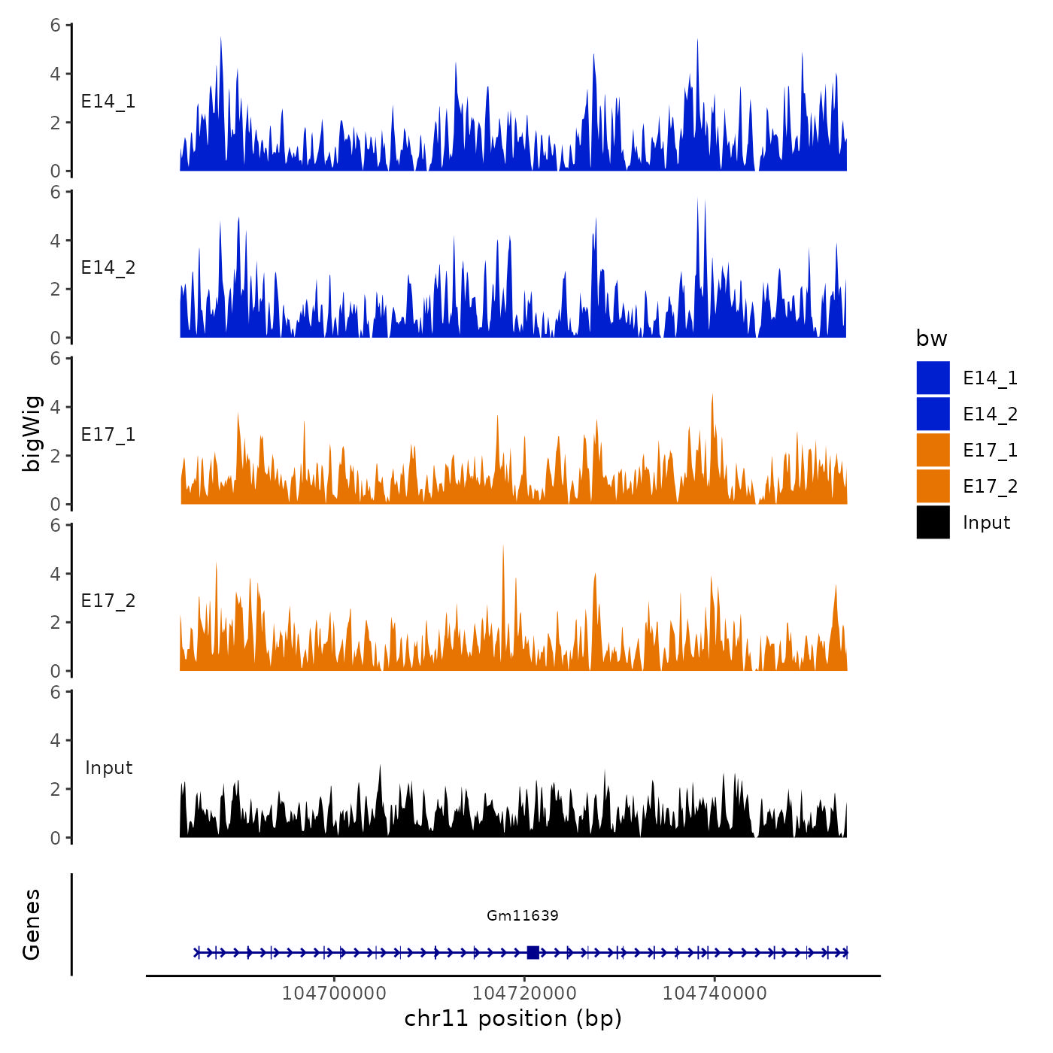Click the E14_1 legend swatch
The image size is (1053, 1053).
(x=933, y=378)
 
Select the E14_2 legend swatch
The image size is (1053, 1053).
(x=933, y=414)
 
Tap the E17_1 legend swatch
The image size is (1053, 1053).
(x=933, y=450)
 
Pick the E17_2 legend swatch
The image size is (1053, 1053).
(x=933, y=486)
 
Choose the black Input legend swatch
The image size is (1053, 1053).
(x=933, y=522)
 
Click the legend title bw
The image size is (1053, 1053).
(x=931, y=338)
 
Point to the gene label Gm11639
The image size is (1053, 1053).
(x=522, y=915)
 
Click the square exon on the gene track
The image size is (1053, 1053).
(x=533, y=952)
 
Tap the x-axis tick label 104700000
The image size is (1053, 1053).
(x=334, y=993)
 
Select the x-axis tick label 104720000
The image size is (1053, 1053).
(x=524, y=993)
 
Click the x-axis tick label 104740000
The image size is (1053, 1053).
(x=715, y=993)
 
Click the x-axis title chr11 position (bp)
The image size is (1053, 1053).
(x=513, y=1018)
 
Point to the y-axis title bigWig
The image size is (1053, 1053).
(x=32, y=433)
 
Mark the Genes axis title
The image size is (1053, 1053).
(x=32, y=924)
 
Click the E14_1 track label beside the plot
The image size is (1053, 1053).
(x=108, y=102)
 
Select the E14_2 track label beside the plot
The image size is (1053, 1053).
(x=108, y=268)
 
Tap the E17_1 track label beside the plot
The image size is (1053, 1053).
(x=108, y=435)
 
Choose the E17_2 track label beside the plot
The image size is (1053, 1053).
(x=108, y=601)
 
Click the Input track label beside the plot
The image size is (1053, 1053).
(x=108, y=768)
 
